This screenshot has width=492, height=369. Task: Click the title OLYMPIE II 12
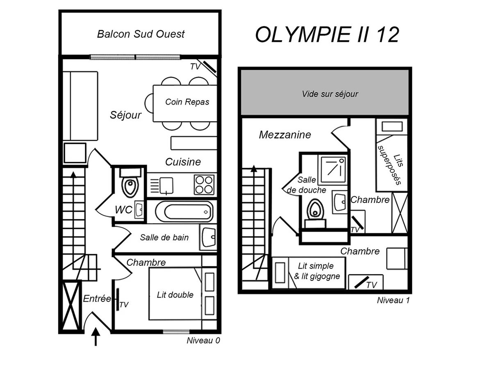pos(327,34)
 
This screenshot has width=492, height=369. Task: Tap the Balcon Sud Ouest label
pos(141,34)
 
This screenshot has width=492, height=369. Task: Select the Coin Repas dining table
pos(185,103)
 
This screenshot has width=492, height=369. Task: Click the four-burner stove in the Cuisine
pos(204,184)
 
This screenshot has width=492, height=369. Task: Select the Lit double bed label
pos(175,295)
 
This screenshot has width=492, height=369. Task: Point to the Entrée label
pos(97,299)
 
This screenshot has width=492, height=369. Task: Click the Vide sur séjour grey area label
pos(330,94)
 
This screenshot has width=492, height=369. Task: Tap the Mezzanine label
pos(285,134)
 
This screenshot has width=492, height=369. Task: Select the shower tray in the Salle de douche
pos(333,169)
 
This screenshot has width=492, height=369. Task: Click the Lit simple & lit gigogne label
pos(317,271)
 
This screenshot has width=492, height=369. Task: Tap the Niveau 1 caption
pos(393,301)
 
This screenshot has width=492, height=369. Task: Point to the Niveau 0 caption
pos(203,340)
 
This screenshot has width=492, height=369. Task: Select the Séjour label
pos(125,115)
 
